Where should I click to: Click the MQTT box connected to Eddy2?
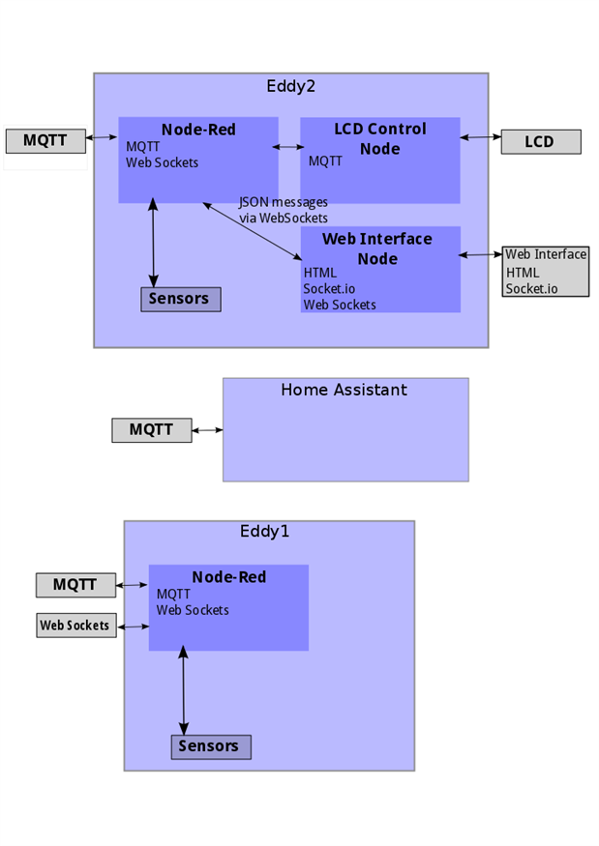45,141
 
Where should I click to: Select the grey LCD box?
541,142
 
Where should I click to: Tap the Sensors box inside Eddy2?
180,299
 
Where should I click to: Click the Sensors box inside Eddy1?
211,746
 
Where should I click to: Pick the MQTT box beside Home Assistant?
151,430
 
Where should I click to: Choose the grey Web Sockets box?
76,626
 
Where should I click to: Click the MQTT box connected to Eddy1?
75,585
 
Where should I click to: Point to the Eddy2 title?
290,86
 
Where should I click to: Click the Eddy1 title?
264,532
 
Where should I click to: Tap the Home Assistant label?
344,390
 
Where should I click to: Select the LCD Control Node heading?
380,138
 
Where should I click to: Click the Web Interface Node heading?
377,248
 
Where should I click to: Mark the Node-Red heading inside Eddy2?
198,130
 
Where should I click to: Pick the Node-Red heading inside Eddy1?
229,577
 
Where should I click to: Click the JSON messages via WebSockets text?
284,210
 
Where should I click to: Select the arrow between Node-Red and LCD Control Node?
288,147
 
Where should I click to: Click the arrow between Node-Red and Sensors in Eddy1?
184,690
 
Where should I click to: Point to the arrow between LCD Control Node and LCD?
481,137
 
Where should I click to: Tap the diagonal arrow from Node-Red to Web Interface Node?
253,231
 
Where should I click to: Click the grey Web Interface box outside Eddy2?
546,272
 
